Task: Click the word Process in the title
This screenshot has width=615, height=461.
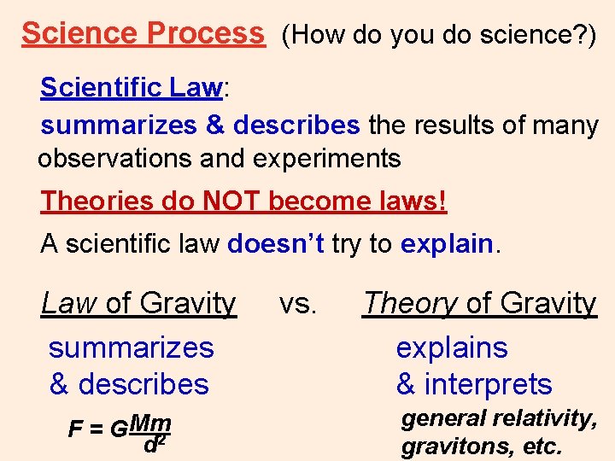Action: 206,33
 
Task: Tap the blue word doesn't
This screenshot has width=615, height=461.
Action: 276,244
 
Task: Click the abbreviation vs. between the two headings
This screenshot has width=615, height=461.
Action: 298,302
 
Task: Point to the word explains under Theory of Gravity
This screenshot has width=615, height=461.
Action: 452,347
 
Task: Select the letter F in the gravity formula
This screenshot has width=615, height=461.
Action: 74,429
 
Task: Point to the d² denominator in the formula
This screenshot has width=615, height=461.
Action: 154,444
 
